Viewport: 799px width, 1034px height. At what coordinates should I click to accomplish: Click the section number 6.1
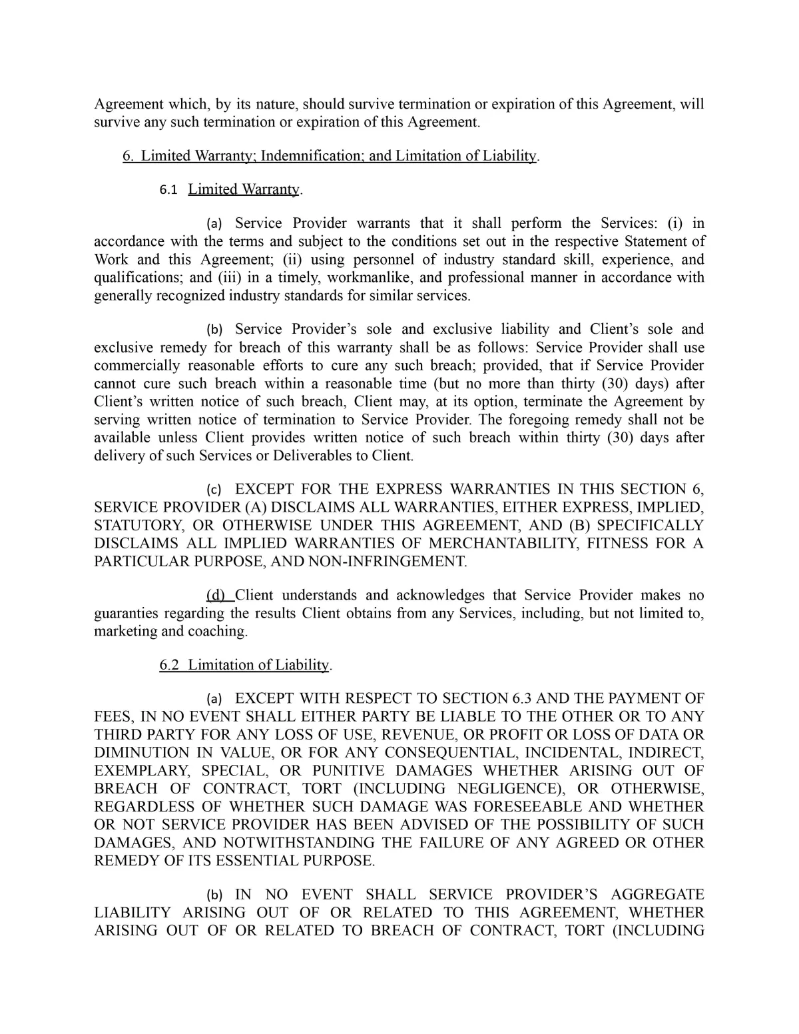tap(168, 190)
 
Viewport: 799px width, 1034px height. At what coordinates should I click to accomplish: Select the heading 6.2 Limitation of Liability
tap(245, 665)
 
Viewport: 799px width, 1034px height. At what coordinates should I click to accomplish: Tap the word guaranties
tap(126, 614)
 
